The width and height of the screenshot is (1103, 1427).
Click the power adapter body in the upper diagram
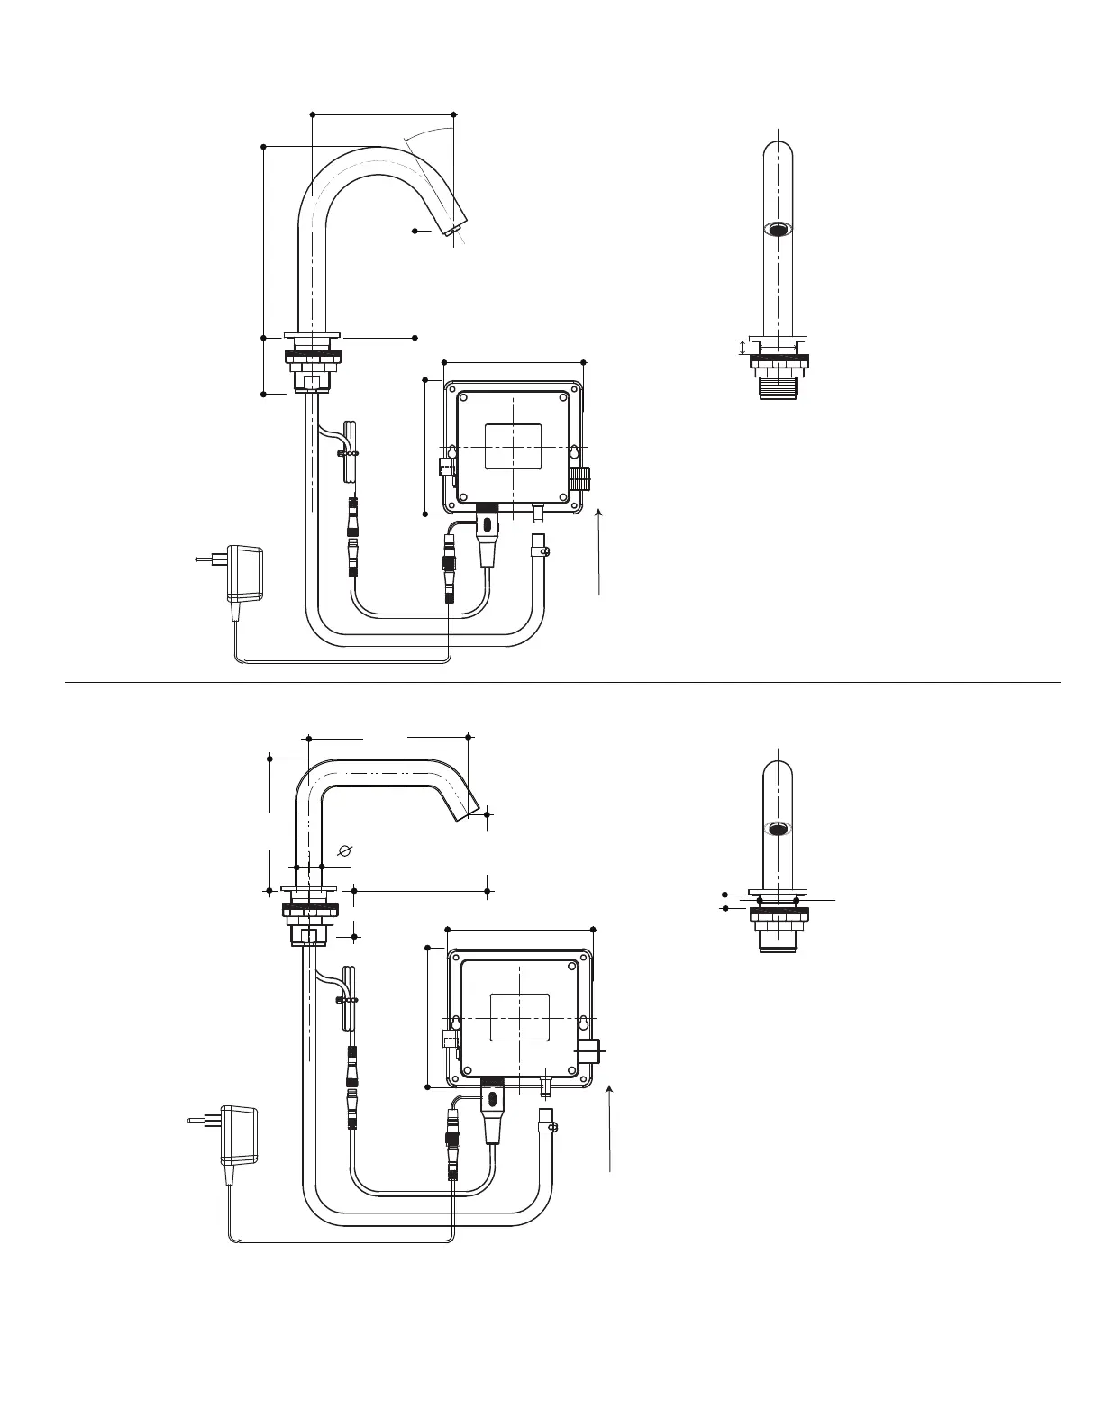(x=244, y=574)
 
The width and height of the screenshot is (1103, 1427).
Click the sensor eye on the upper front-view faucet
(x=779, y=229)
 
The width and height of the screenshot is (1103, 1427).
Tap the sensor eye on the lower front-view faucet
(x=779, y=828)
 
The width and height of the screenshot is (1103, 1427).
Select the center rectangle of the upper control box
(x=513, y=447)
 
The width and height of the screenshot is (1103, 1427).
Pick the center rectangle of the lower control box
(x=519, y=1018)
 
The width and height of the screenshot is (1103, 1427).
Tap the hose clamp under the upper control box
(x=541, y=546)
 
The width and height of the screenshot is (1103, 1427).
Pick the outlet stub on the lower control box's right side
(x=592, y=1050)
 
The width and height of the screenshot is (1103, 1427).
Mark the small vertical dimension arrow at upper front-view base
(x=743, y=347)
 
